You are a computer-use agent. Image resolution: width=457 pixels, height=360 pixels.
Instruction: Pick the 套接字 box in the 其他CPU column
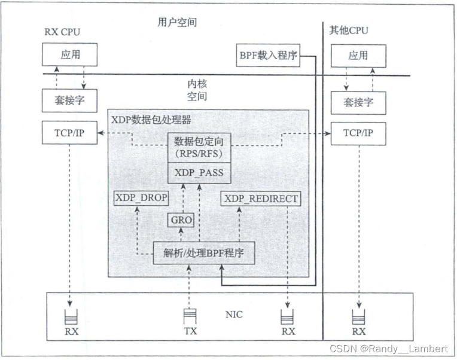(x=358, y=102)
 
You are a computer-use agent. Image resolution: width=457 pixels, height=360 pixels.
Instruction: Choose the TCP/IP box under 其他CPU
(x=358, y=133)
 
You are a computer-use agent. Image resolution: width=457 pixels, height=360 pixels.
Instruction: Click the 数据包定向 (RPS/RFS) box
(x=199, y=147)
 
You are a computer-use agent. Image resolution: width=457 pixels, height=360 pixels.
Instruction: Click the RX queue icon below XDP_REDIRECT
(x=288, y=313)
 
